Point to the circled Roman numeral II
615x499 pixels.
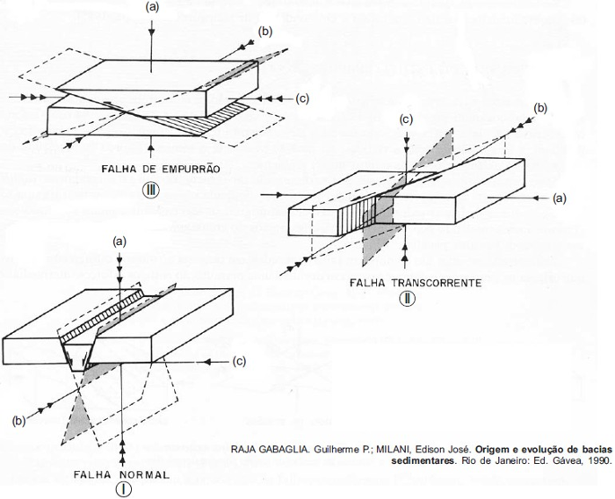(407, 299)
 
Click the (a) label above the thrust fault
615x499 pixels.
(153, 7)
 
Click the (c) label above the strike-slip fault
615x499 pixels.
(406, 119)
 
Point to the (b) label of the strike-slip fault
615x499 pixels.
(540, 107)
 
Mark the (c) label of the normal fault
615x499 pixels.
(238, 361)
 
